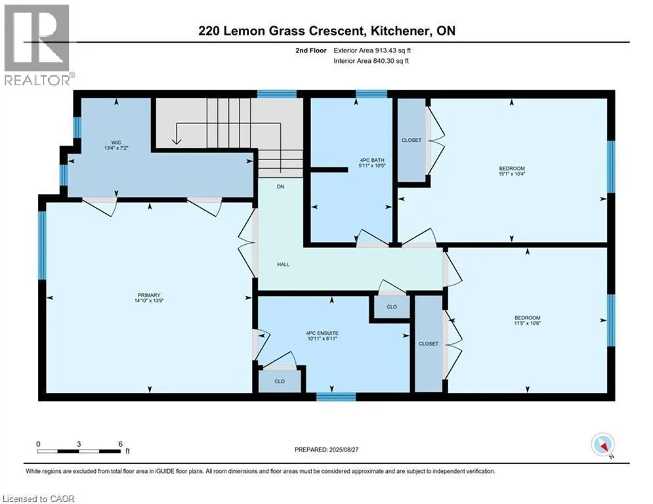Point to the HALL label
coord(283,264)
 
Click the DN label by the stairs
coord(280,187)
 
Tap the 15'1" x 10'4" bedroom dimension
coord(512,175)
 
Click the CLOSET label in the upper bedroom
coord(411,140)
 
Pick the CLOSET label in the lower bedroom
coord(428,344)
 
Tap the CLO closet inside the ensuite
coord(280,381)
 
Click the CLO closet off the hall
coord(391,306)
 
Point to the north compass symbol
coord(601,446)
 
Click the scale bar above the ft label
coord(79,451)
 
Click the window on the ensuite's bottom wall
coord(336,396)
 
